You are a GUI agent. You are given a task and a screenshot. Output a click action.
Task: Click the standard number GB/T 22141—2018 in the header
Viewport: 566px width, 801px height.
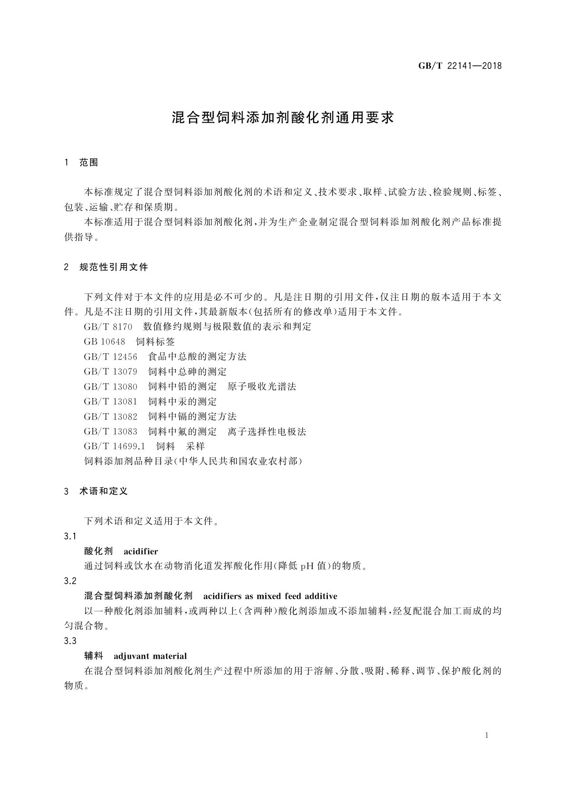pos(460,66)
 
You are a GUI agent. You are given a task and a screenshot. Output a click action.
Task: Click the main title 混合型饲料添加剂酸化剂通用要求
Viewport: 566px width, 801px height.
pos(283,117)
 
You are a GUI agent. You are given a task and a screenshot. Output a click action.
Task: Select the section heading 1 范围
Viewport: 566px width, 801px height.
pos(81,163)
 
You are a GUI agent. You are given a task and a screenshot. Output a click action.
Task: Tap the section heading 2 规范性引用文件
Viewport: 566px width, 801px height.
pos(106,267)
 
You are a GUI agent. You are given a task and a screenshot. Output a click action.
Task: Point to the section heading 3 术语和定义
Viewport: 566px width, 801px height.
pos(96,491)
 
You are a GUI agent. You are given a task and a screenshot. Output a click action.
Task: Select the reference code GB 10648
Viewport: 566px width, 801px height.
pos(105,342)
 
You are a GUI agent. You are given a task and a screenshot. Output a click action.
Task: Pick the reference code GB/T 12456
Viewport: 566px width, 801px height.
pos(110,357)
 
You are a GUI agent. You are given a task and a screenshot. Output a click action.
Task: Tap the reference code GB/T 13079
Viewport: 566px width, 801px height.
pos(110,371)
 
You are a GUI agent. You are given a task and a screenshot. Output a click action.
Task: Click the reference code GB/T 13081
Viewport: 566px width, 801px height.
pos(110,401)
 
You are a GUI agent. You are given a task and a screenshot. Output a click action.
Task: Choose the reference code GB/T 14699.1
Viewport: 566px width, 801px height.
pos(114,446)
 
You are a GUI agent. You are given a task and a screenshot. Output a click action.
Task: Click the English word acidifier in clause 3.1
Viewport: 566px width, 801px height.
pos(141,552)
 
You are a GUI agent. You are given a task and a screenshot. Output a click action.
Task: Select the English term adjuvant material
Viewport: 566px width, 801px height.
pos(150,656)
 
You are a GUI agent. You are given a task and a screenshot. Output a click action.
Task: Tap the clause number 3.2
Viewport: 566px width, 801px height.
pos(70,581)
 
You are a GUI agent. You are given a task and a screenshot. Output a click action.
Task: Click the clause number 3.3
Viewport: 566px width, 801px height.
pos(70,641)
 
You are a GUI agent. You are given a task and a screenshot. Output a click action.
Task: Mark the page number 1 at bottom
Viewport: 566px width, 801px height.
pos(487,736)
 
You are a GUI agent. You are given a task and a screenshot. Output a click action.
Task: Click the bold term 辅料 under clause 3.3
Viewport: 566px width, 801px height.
pos(94,656)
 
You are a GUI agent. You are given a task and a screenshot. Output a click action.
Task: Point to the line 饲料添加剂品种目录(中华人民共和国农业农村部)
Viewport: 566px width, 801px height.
pos(193,461)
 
